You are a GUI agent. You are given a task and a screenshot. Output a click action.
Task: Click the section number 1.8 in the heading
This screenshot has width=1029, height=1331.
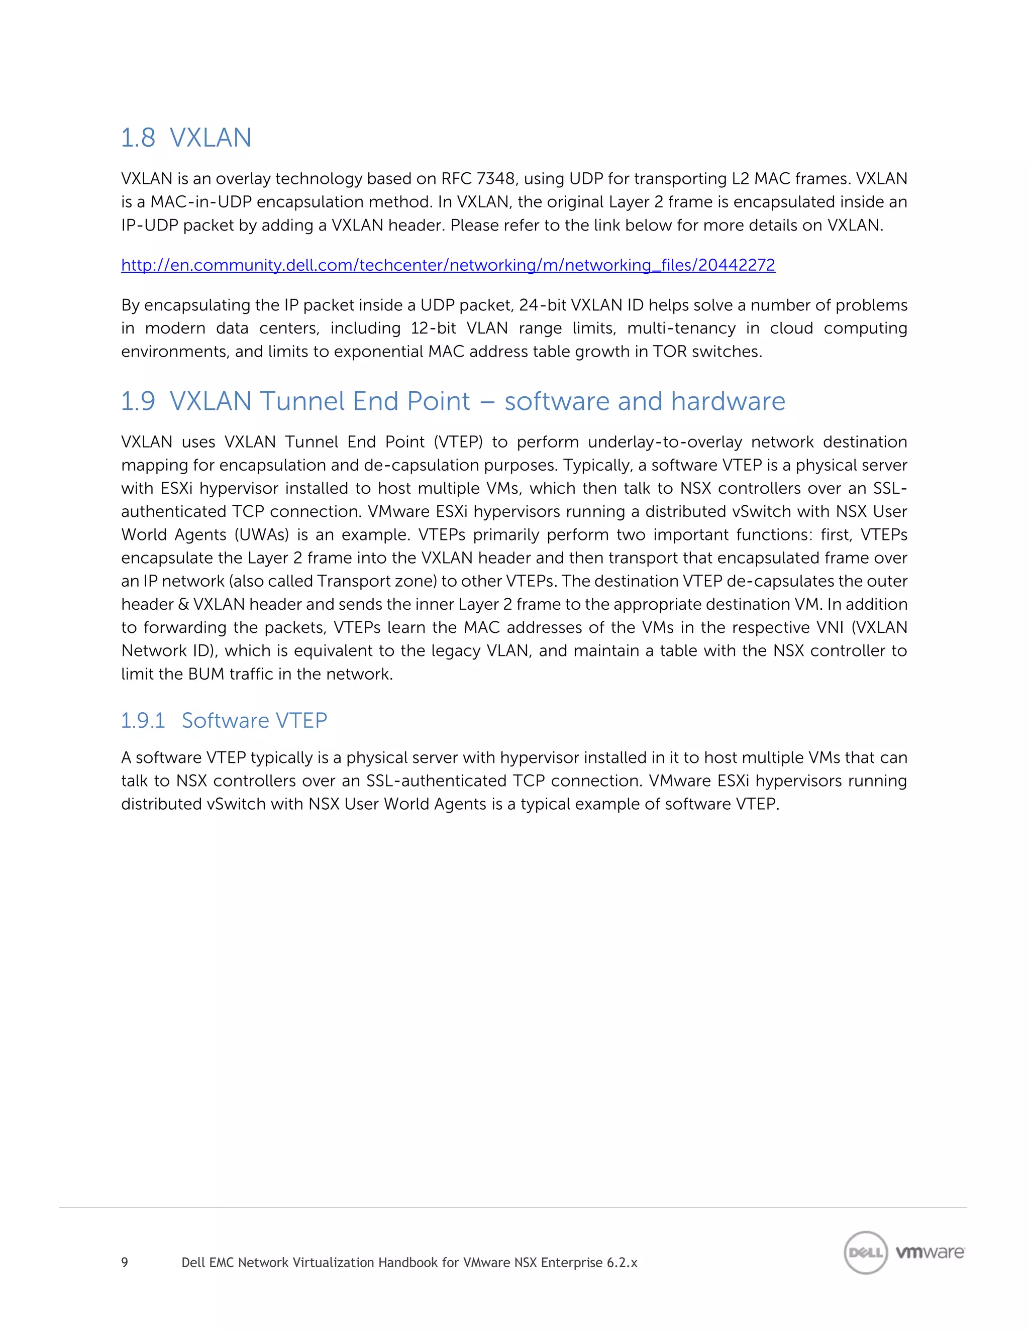(x=138, y=138)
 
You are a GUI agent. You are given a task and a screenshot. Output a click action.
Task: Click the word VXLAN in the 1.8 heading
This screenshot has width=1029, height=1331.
(x=211, y=138)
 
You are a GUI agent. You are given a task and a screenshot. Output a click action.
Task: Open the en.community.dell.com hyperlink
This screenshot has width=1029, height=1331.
(x=448, y=265)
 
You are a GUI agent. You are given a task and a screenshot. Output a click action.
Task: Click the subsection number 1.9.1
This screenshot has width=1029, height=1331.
(x=143, y=720)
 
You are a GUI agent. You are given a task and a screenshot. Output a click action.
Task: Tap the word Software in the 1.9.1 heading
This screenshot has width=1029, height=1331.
(x=225, y=720)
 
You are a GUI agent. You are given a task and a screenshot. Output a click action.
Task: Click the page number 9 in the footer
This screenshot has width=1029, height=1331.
(x=125, y=1262)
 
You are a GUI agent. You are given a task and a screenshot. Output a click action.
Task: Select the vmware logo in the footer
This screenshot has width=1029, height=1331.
(x=930, y=1252)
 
